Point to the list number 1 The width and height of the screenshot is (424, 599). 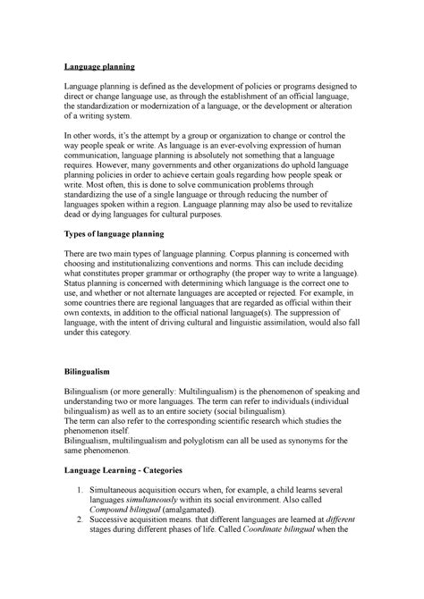click(x=81, y=491)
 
